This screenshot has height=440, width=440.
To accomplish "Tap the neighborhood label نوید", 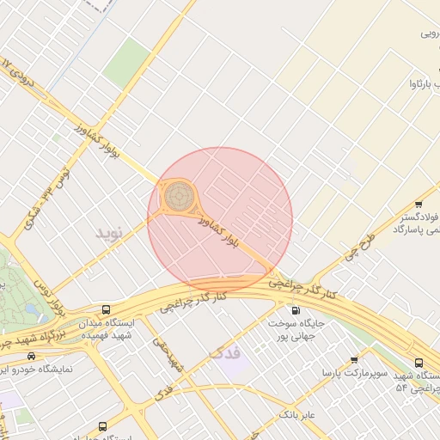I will coord(110,233).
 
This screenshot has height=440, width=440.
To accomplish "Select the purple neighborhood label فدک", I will coord(226,353).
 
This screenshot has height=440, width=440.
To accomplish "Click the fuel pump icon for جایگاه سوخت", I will coord(296,310).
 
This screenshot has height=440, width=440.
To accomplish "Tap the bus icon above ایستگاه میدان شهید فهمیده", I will coord(106,309).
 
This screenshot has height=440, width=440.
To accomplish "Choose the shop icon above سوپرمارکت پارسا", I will coord(354,359).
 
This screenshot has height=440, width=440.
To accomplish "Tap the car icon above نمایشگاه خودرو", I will coord(32,356).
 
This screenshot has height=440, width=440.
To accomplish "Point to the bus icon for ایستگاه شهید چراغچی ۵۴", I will coord(419,363).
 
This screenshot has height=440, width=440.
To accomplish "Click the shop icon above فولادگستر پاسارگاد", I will coord(419,205).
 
